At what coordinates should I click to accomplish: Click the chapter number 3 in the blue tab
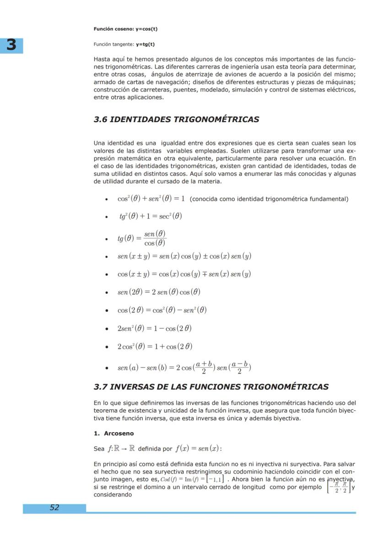tap(11, 45)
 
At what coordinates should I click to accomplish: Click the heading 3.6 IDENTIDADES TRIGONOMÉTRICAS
tap(176, 119)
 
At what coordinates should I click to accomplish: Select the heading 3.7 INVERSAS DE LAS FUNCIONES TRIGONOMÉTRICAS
tap(211, 387)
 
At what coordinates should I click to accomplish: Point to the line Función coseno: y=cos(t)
tap(125, 29)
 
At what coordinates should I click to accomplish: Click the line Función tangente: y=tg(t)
tap(124, 44)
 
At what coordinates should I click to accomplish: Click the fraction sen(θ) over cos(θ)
tap(155, 238)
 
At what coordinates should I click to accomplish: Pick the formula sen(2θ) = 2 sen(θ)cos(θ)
tap(159, 292)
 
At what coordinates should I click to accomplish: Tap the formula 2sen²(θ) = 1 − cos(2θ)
tap(154, 328)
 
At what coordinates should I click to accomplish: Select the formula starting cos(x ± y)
tap(184, 274)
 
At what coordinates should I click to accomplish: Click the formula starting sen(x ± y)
tap(184, 256)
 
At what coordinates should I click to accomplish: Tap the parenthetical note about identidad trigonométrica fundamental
tap(269, 199)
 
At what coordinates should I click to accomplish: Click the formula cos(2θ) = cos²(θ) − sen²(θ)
tap(162, 310)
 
